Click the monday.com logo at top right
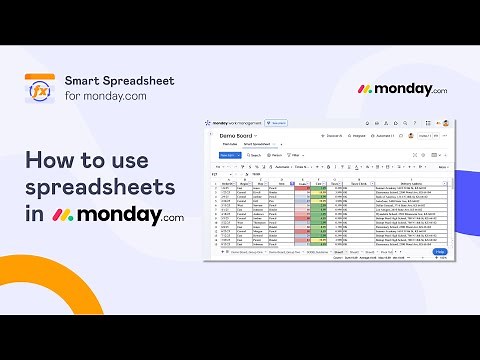point(402,89)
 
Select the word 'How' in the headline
point(51,160)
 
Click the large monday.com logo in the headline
point(119,215)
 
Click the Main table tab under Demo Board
point(230,145)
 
